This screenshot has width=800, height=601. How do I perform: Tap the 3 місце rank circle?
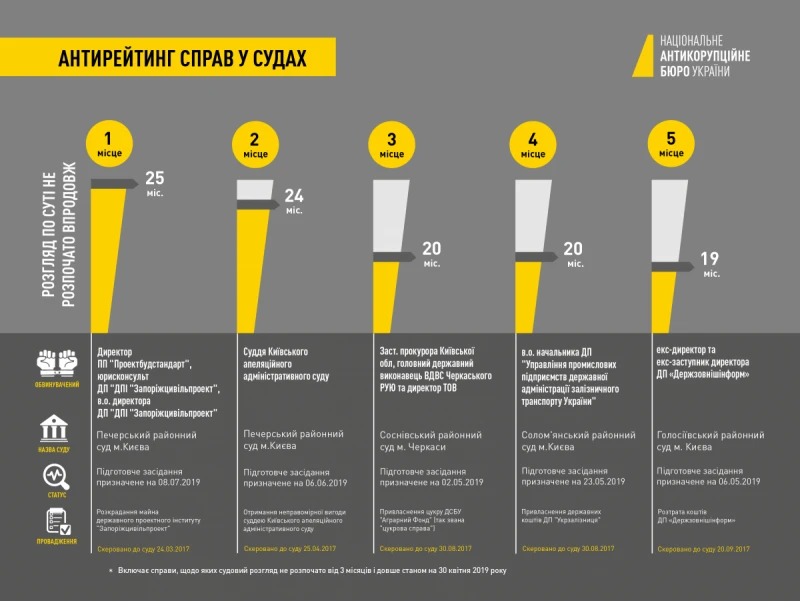pos(392,144)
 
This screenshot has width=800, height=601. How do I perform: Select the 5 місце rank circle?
pos(671,144)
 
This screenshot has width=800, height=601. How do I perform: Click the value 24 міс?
pos(294,201)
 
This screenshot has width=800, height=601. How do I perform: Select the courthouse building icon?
pos(57,431)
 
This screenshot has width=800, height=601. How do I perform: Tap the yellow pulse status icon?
pos(57,475)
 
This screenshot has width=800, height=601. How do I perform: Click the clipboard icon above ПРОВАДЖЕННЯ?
pos(57,522)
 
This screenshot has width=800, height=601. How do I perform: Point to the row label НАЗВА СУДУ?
pos(57,451)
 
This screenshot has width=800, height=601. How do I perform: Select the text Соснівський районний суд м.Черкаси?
pos(430,441)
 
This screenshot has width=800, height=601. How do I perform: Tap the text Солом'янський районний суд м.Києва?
pos(578,441)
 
